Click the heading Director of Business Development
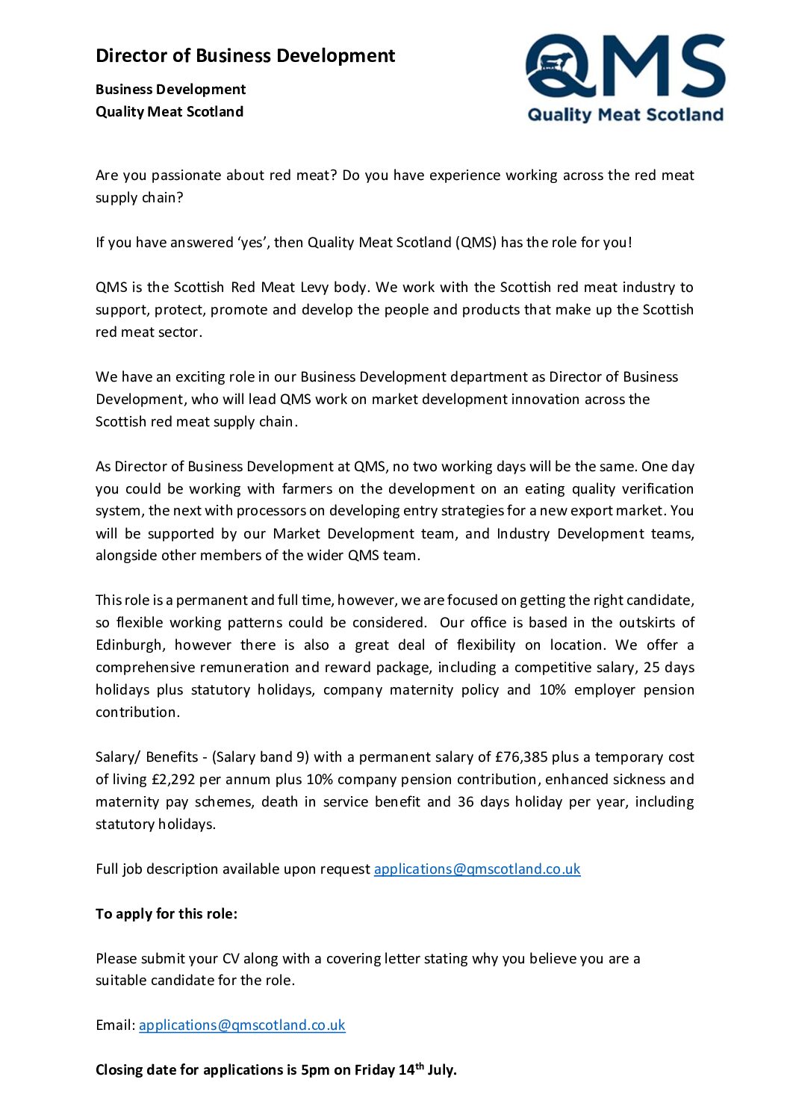(245, 56)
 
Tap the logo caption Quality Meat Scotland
(625, 115)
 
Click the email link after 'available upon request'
(477, 869)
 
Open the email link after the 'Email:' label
(242, 1025)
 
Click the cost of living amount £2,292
(173, 780)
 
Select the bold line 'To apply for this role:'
(167, 914)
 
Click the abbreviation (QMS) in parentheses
(476, 243)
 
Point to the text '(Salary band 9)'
(260, 757)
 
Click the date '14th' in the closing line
(410, 1069)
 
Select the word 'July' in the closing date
(441, 1070)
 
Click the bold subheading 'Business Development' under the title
(170, 90)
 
